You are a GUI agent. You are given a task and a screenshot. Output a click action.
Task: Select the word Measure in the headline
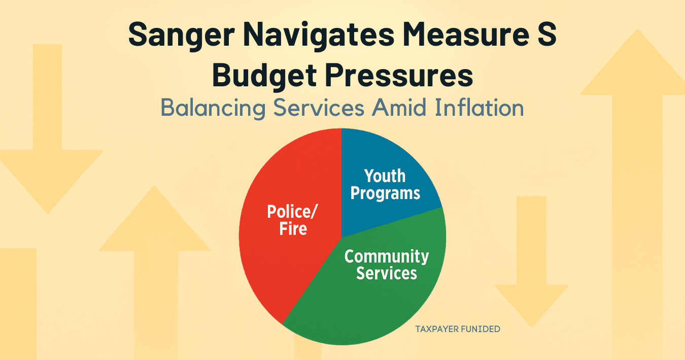[x=466, y=35]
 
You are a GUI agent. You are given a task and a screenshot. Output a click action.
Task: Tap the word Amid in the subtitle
[x=399, y=108]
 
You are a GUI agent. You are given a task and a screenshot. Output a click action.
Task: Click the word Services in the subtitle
[x=319, y=108]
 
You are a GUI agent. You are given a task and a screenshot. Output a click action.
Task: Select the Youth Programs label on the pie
[x=385, y=185]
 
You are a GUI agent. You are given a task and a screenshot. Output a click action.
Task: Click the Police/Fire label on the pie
[x=293, y=220]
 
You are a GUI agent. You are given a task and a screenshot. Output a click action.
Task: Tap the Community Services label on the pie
[x=387, y=265]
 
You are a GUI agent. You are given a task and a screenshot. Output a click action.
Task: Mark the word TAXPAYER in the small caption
[x=437, y=329]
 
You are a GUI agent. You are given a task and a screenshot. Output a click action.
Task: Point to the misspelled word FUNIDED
[x=481, y=329]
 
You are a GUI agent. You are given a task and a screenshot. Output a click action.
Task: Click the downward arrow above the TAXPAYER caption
[x=531, y=261]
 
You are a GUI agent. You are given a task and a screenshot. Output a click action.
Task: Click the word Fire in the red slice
[x=293, y=228]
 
